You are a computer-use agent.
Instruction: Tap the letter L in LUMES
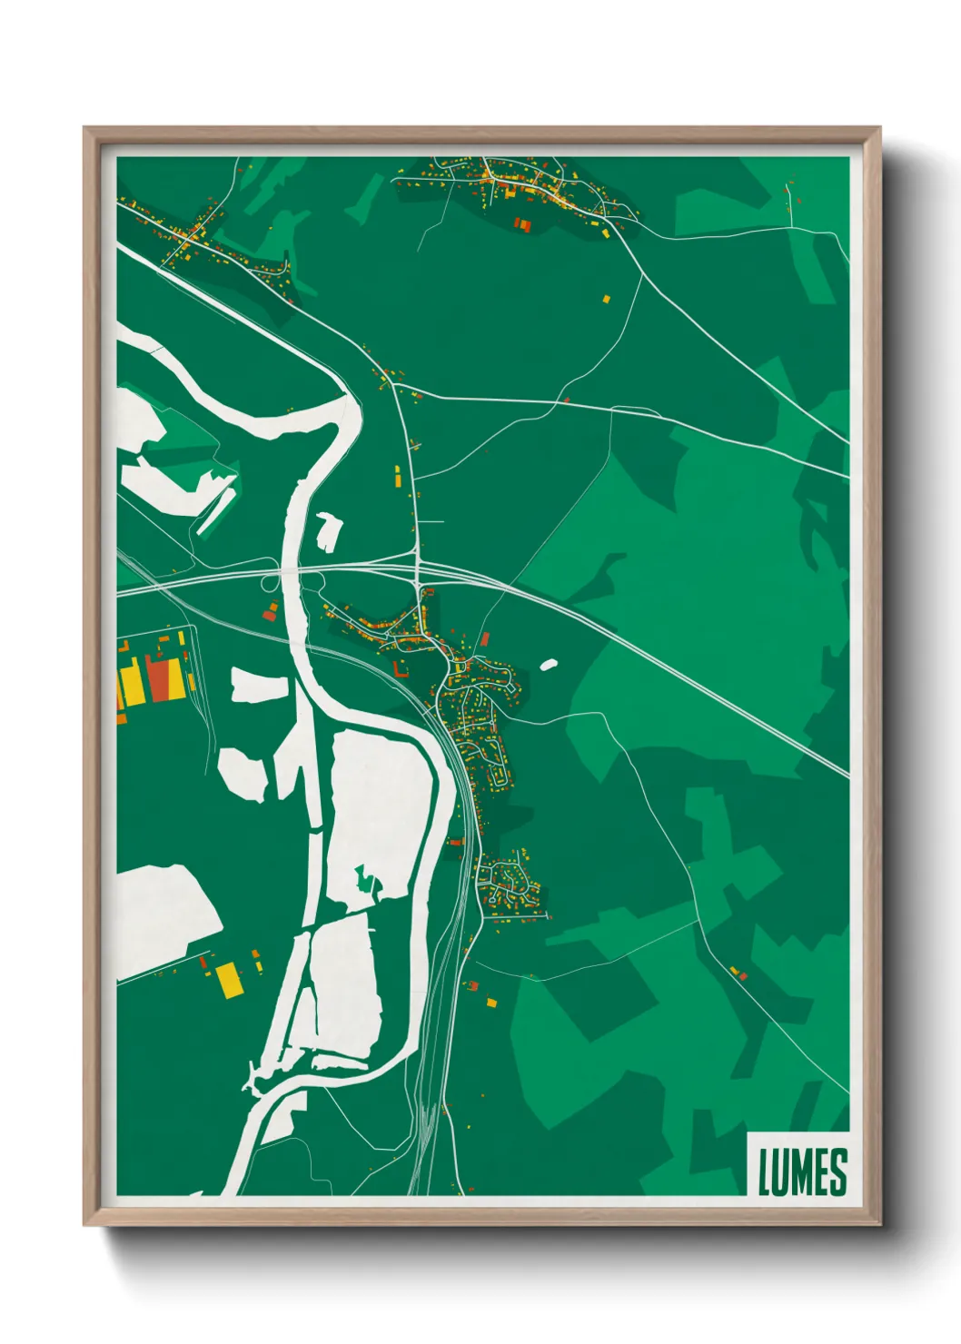765,1171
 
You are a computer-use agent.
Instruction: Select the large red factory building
163,677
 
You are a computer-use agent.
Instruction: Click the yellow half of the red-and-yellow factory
133,686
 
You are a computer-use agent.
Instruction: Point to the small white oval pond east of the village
548,665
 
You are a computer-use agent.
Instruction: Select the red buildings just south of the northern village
521,223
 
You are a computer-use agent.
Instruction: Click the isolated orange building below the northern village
607,297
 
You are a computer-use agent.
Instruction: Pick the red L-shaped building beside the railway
398,668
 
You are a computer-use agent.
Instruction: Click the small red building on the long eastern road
566,398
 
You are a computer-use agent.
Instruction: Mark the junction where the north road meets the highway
417,568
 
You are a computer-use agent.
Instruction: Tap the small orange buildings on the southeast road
738,973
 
